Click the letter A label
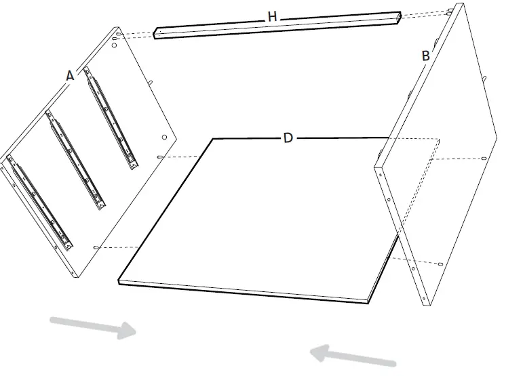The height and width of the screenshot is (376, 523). (70, 77)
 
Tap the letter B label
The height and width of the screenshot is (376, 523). (425, 56)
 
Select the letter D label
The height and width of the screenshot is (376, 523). (288, 138)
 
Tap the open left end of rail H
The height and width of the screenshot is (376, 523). (157, 33)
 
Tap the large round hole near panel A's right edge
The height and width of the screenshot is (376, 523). (164, 138)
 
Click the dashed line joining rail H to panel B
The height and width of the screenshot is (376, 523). (424, 13)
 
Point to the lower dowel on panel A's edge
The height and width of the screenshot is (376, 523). (97, 248)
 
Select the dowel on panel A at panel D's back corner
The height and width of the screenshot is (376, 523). (161, 157)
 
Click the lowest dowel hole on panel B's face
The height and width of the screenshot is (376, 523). (442, 264)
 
